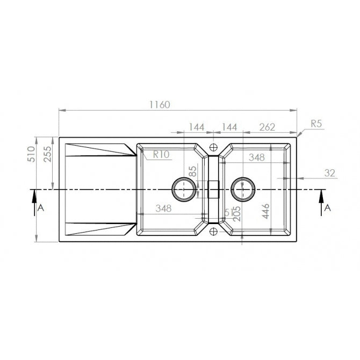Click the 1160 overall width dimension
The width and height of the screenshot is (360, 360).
coord(160,105)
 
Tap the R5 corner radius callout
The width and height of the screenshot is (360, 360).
coord(316,124)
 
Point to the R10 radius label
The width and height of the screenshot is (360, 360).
coord(161,154)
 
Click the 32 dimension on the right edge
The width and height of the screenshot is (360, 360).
coord(329,172)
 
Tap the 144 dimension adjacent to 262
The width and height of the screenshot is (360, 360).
coord(229,127)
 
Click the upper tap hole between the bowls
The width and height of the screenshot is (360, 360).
coord(214,147)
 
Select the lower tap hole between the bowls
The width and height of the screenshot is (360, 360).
coord(214,232)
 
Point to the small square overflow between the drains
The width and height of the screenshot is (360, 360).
coord(214,190)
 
